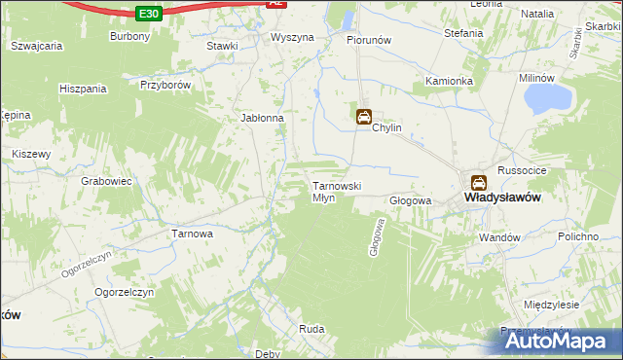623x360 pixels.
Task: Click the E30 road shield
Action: [148, 14]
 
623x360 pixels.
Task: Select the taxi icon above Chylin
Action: [363, 117]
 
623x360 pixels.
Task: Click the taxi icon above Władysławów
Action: [479, 181]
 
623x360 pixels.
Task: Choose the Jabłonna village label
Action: [262, 119]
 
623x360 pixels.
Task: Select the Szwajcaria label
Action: [36, 46]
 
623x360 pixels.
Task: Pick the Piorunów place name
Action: [369, 41]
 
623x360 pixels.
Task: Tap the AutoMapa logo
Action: [556, 341]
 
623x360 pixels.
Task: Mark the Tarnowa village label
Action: [192, 234]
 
